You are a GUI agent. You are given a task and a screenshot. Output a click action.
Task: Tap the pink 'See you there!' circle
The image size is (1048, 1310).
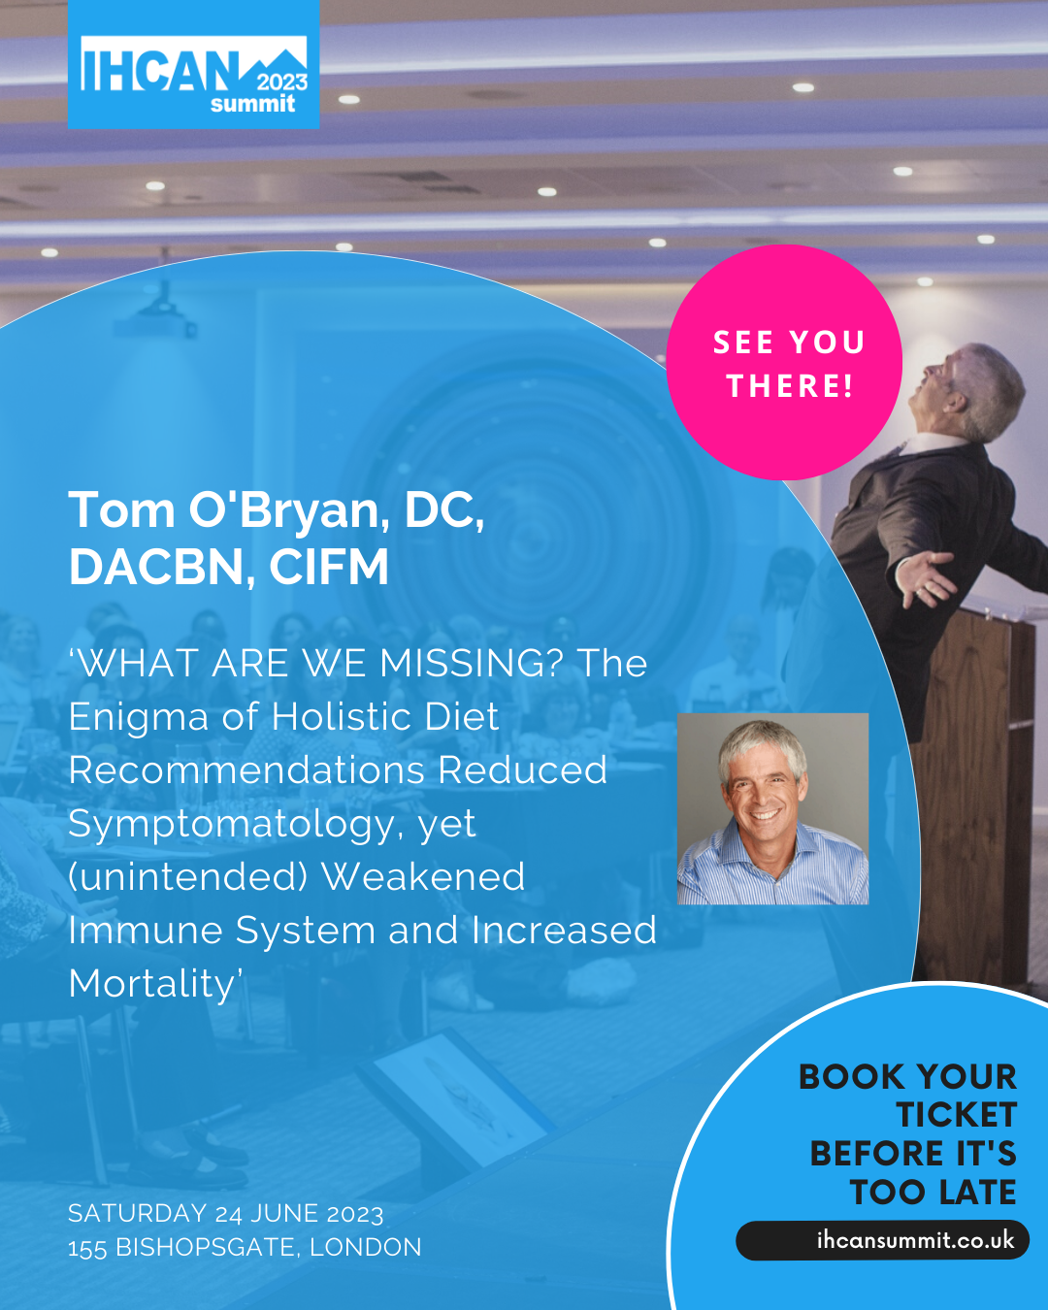[784, 362]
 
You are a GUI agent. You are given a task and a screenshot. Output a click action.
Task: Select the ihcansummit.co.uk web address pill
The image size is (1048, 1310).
[882, 1240]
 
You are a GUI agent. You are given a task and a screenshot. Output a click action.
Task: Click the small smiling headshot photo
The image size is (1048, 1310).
[772, 808]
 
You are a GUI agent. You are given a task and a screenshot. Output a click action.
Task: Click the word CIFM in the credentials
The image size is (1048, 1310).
[329, 567]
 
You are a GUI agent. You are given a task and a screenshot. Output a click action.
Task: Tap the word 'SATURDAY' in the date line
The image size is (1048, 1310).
[138, 1213]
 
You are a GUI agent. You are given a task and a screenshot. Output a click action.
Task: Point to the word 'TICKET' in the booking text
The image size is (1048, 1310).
[957, 1115]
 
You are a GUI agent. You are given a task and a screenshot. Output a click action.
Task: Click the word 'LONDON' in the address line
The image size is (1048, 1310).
[366, 1247]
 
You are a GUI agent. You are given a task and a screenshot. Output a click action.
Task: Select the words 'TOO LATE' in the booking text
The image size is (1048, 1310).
[933, 1192]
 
